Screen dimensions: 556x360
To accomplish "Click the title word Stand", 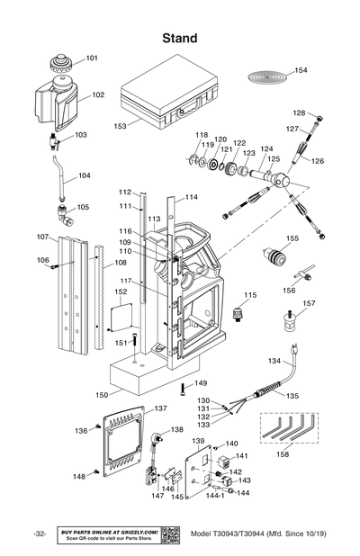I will pos(179,38).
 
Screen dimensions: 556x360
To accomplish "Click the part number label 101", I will pos(92,58).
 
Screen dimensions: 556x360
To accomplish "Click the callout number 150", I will pos(103,395).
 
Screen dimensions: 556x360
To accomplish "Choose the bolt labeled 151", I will pos(133,343).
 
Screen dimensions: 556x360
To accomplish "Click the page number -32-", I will pos(39,534).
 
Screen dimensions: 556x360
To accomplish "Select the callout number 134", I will pos(274,361).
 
